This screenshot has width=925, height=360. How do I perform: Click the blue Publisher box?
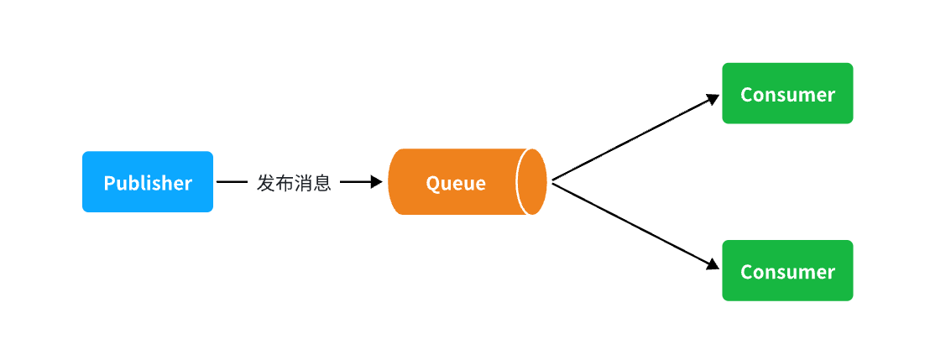(x=148, y=182)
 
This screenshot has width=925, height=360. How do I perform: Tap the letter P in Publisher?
(x=109, y=183)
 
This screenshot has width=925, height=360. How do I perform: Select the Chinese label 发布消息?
(x=294, y=183)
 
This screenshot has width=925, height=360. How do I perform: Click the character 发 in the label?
(x=266, y=183)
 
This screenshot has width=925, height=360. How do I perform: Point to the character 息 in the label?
(x=322, y=183)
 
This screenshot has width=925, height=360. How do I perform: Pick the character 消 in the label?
(x=303, y=183)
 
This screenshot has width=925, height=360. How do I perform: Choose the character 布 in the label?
(x=285, y=183)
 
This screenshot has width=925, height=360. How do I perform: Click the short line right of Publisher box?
(x=232, y=182)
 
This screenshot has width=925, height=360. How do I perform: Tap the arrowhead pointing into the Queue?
(x=376, y=182)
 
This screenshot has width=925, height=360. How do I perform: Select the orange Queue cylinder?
(x=468, y=182)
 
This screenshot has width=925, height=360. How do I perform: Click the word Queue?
(x=456, y=184)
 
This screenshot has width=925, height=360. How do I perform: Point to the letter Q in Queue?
(x=432, y=184)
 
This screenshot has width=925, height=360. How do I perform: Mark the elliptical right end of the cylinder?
(x=531, y=182)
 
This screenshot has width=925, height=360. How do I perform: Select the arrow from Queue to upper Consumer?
(x=636, y=138)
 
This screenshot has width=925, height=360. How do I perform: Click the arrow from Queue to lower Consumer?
(x=636, y=226)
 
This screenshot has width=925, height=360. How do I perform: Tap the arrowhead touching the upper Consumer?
(x=713, y=99)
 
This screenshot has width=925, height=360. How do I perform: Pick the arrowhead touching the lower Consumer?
(x=713, y=265)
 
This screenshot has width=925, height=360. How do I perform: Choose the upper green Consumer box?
(x=787, y=93)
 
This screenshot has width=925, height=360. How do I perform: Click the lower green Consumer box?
(x=787, y=270)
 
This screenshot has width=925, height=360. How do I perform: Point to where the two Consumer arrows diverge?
(x=553, y=181)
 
